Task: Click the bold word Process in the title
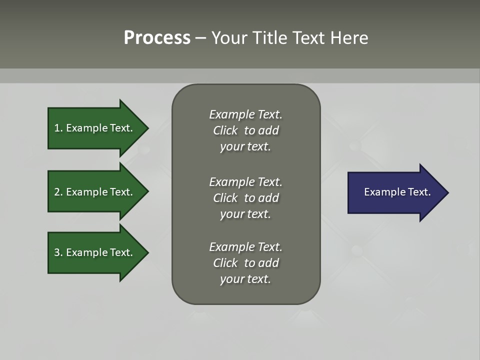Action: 157,38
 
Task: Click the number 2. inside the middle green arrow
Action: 58,192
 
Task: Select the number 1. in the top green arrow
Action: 58,128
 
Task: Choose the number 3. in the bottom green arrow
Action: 58,252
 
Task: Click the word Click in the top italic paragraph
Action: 225,130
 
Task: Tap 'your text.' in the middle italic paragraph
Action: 245,214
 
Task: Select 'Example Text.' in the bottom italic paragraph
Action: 245,247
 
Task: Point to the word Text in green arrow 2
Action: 121,192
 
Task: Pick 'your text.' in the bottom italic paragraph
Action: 245,279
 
